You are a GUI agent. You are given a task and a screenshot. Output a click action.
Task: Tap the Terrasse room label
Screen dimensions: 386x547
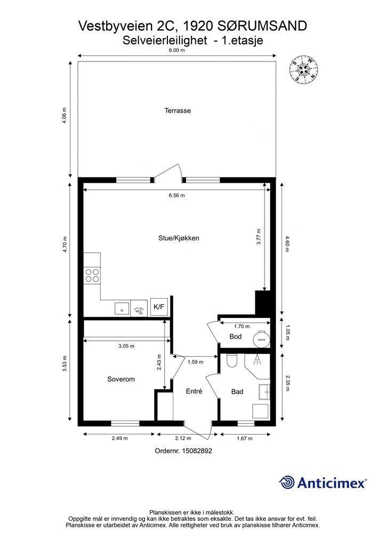click(178, 111)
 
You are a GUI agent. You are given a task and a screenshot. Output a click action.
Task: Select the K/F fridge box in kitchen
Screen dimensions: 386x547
click(159, 307)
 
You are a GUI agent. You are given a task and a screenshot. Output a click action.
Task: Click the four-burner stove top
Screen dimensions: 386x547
click(92, 275)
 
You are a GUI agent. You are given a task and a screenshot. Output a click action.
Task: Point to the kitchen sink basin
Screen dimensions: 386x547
click(122, 309)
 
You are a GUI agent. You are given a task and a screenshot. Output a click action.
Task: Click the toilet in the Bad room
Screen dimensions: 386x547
click(231, 361)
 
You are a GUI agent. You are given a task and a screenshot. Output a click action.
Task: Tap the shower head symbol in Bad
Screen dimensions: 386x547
click(258, 360)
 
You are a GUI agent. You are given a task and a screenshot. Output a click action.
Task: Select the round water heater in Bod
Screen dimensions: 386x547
click(261, 338)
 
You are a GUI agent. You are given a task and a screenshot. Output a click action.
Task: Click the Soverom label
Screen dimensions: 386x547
click(121, 379)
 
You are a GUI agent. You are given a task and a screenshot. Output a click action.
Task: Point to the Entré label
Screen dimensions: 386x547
click(194, 392)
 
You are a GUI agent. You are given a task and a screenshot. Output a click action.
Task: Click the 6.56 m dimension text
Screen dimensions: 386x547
click(177, 196)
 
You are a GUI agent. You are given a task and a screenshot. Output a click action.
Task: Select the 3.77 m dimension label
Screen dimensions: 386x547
click(259, 237)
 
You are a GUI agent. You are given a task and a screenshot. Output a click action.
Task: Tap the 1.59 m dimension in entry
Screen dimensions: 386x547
click(195, 362)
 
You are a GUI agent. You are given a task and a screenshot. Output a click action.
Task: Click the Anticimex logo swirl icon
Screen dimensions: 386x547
click(287, 482)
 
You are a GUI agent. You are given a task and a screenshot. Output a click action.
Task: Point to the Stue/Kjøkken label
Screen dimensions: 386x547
click(179, 238)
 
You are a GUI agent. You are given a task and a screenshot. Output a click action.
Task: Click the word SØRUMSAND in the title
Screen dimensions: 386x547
click(262, 26)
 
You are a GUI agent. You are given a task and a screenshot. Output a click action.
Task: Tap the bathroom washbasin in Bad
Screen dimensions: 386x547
click(264, 392)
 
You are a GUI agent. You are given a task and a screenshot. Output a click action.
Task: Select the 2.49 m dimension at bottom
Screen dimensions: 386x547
click(120, 438)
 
